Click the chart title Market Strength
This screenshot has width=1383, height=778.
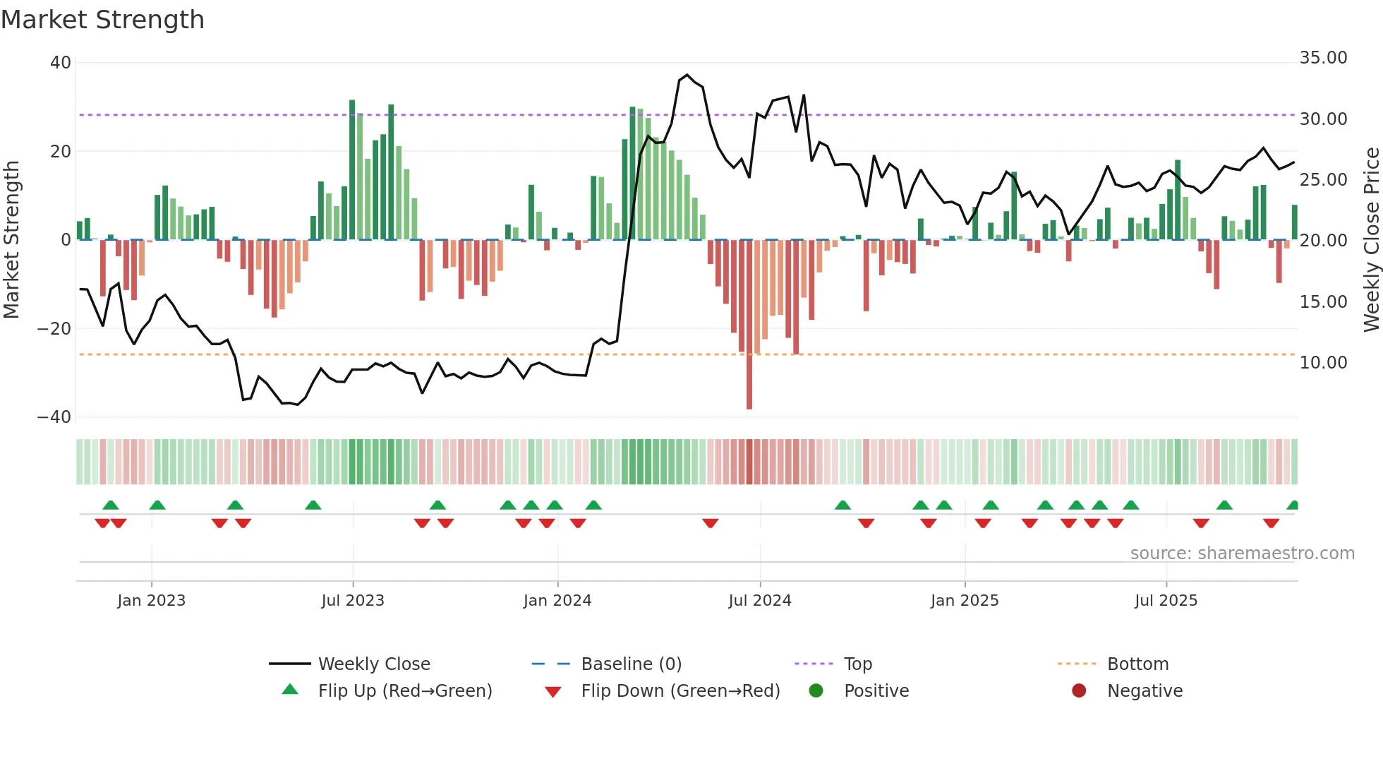point(102,20)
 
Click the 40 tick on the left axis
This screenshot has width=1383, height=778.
point(61,63)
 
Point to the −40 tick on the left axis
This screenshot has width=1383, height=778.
point(54,417)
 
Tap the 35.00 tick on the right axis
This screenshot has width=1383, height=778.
point(1323,58)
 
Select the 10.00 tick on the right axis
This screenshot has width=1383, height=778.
point(1323,363)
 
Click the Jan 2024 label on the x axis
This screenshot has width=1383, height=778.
point(557,601)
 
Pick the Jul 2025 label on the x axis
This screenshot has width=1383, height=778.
point(1166,601)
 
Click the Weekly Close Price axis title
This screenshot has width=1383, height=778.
point(1371,240)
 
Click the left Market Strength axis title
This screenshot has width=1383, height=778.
point(12,240)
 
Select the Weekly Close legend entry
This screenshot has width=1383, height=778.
point(373,664)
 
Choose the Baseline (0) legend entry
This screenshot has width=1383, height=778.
point(631,664)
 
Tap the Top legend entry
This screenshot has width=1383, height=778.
point(857,664)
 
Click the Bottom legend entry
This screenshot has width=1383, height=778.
point(1137,664)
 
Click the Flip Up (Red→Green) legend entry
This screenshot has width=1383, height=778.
point(404,691)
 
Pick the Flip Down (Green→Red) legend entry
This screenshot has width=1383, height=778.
point(680,691)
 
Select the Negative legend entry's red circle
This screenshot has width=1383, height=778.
point(1079,691)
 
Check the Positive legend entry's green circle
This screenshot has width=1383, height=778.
point(816,691)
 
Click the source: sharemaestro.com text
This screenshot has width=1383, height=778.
point(1242,553)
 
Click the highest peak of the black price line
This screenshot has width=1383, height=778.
point(687,75)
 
